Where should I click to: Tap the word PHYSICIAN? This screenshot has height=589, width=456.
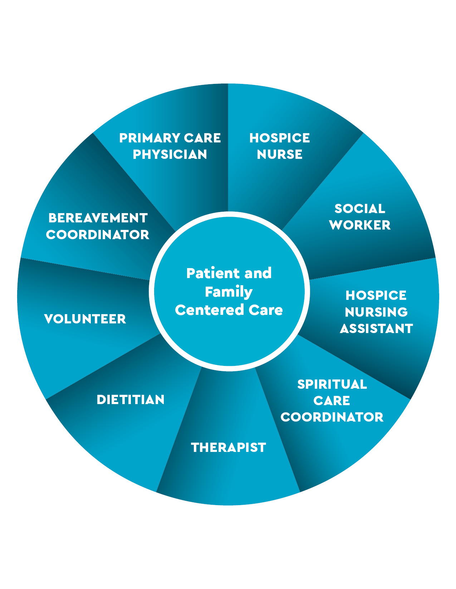[170, 154]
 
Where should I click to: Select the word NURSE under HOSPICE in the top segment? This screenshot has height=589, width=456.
[280, 154]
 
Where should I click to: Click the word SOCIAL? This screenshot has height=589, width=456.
[360, 208]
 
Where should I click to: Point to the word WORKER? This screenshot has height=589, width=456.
[360, 225]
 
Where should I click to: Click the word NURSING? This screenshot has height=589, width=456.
[376, 312]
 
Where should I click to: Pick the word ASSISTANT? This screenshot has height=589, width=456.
[376, 328]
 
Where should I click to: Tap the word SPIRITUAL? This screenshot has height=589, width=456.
[332, 384]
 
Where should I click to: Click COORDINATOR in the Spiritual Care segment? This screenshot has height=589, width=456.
[332, 417]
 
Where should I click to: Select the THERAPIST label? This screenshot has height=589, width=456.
[229, 447]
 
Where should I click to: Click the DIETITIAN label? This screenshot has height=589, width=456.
[131, 399]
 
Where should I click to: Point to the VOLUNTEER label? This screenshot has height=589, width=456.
[85, 319]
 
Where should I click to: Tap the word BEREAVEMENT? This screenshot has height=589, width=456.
[98, 218]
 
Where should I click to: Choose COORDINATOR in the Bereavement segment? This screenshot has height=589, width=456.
[98, 235]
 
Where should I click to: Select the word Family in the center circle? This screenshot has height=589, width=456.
[229, 292]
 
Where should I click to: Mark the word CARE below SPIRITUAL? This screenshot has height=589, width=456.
[332, 401]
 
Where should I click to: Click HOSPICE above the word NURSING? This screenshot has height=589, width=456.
[376, 295]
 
